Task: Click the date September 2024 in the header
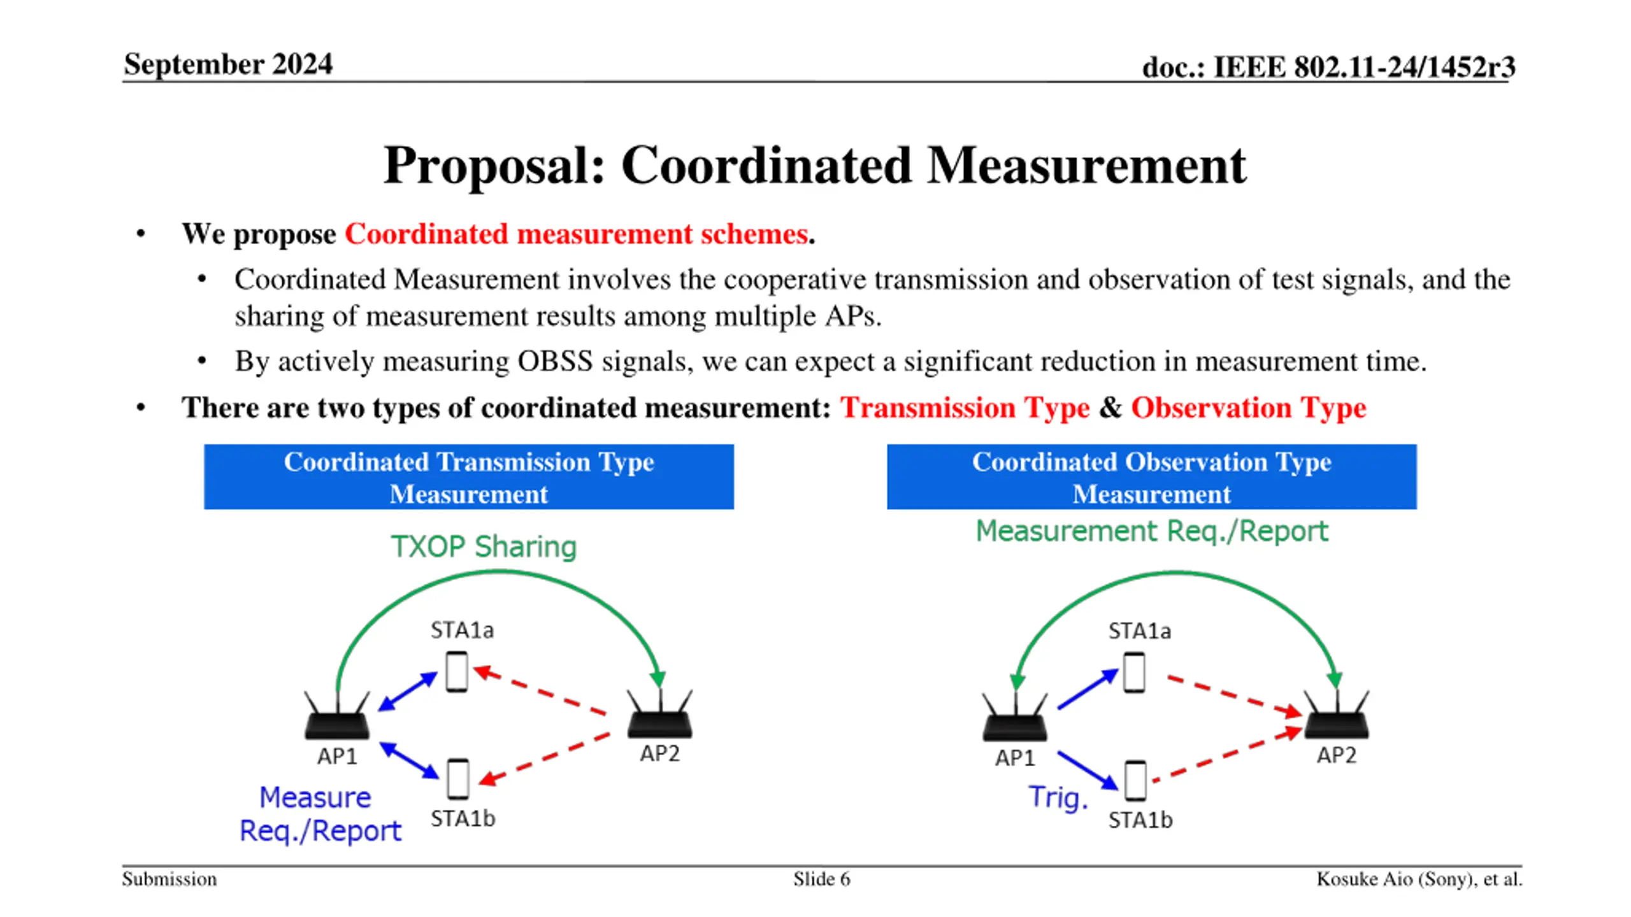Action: pyautogui.click(x=228, y=64)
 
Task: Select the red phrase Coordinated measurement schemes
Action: pyautogui.click(x=577, y=234)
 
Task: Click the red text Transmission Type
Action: pyautogui.click(x=965, y=408)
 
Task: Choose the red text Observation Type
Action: pyautogui.click(x=1248, y=408)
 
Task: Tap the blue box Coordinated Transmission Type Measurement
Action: pyautogui.click(x=468, y=477)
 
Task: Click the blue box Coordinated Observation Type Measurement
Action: pyautogui.click(x=1151, y=477)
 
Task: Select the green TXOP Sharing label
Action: pyautogui.click(x=484, y=546)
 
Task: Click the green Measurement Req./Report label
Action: pyautogui.click(x=1152, y=531)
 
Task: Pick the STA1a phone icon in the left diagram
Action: pyautogui.click(x=457, y=671)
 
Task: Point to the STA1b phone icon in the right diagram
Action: pyautogui.click(x=1135, y=781)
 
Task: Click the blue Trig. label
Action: pyautogui.click(x=1058, y=797)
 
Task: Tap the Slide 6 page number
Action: pyautogui.click(x=821, y=879)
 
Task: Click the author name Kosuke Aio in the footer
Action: pyautogui.click(x=1363, y=879)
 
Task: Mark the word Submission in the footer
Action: pyautogui.click(x=169, y=879)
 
